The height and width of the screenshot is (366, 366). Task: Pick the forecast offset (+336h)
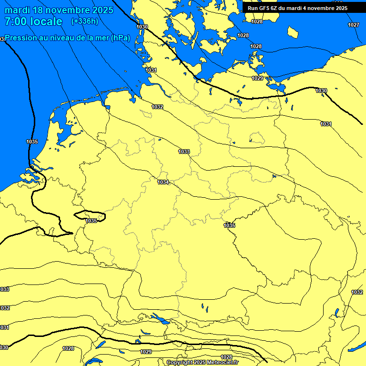click(84, 21)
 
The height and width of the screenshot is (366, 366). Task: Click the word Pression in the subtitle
click(20, 38)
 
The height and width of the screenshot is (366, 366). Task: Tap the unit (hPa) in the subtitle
click(120, 38)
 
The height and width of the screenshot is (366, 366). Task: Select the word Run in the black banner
click(253, 8)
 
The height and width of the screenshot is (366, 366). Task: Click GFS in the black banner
click(265, 8)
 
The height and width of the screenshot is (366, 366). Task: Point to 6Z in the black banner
click(276, 8)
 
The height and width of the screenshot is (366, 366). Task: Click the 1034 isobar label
click(163, 182)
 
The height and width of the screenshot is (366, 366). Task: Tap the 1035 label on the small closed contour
click(91, 221)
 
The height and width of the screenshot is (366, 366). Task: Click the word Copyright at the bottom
click(180, 362)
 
